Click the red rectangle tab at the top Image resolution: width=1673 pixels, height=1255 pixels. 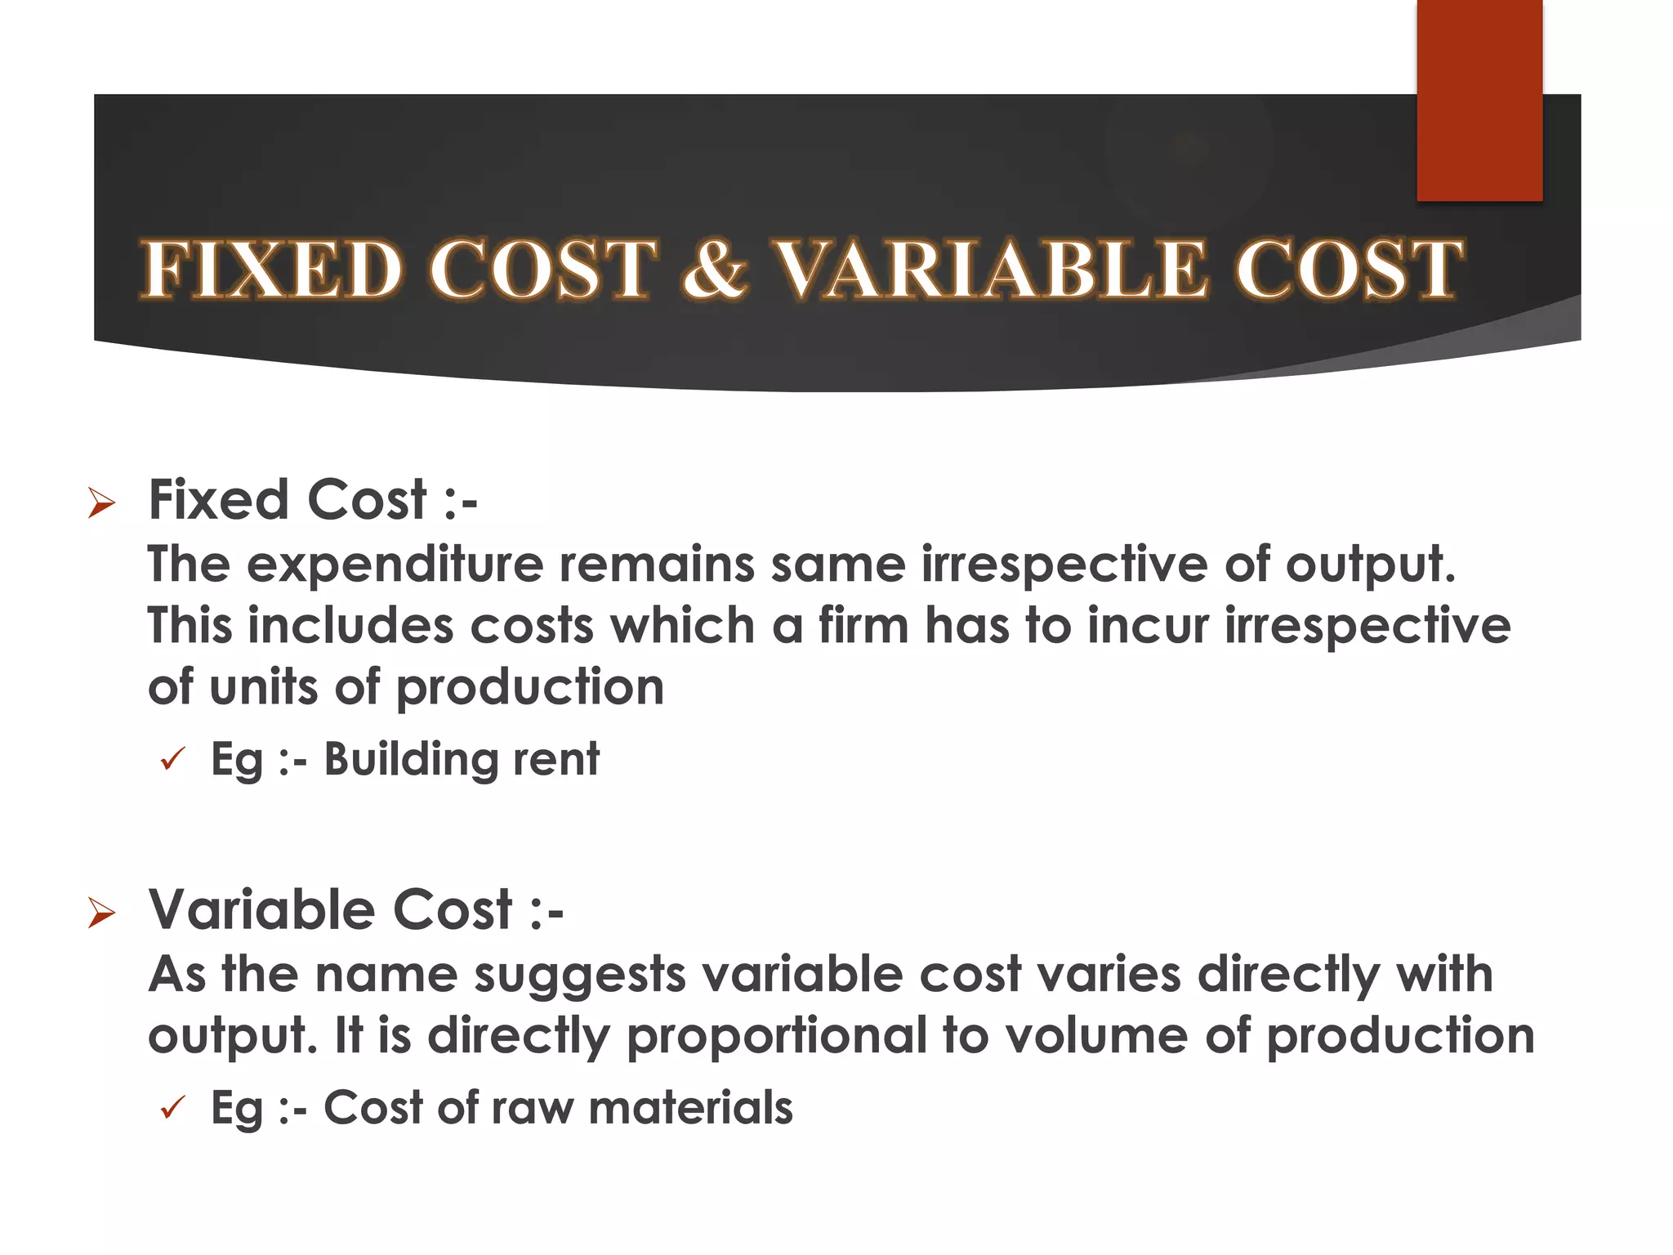coord(1479,100)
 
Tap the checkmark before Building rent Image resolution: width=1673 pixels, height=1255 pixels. coord(173,760)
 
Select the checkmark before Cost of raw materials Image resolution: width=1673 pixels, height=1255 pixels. coord(173,1109)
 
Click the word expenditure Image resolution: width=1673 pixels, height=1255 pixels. coord(395,565)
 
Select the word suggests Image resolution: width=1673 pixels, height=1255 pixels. coord(580,976)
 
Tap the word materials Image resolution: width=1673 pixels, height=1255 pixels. coord(690,1109)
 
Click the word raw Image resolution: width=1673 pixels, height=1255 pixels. coord(532,1109)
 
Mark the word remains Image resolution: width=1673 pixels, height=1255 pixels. coord(657,565)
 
